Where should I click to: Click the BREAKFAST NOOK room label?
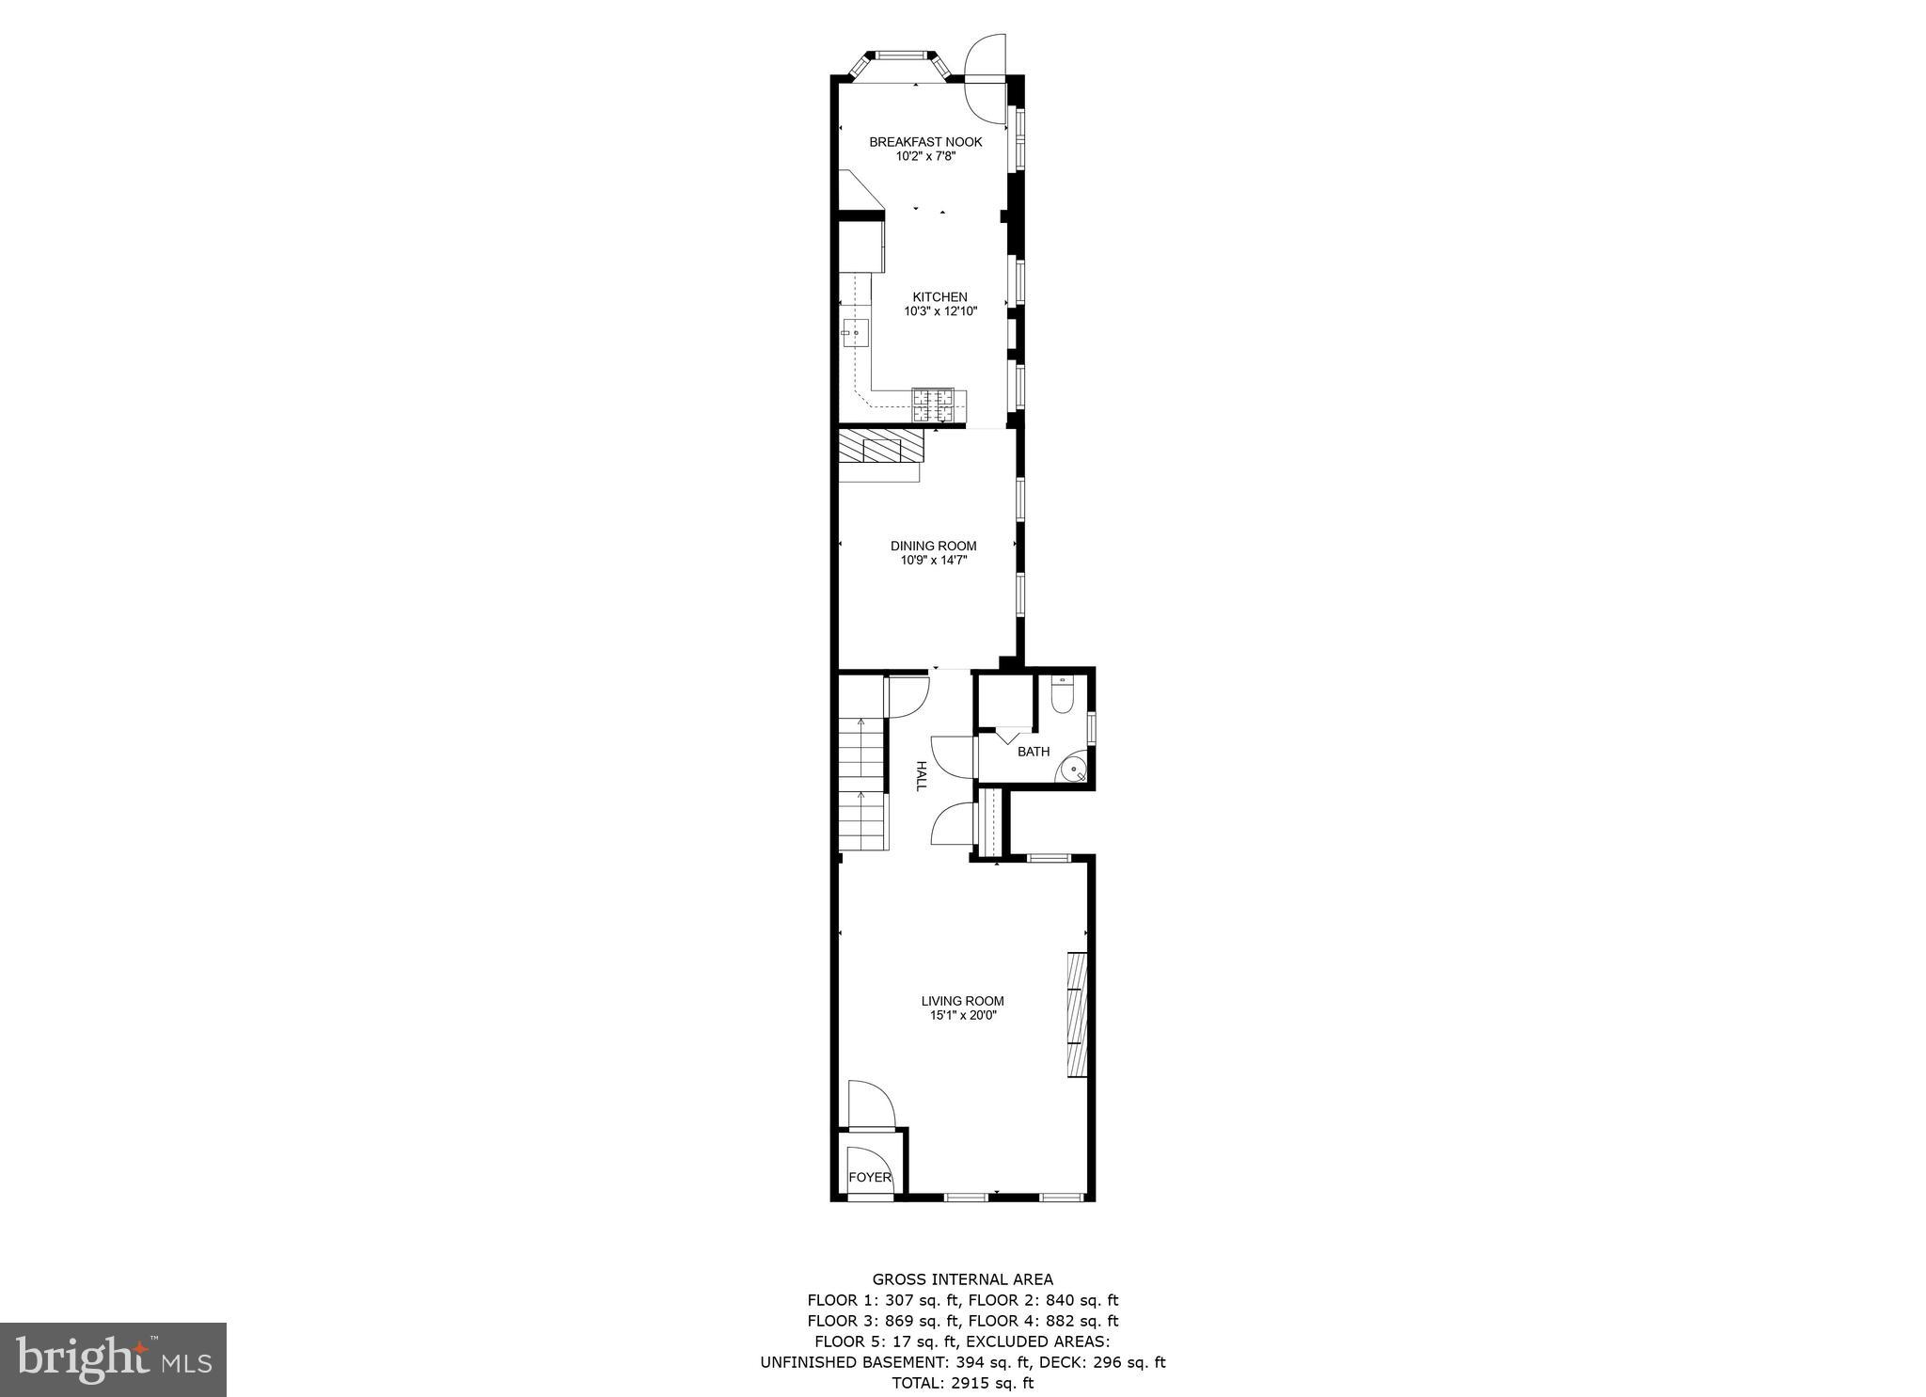point(925,142)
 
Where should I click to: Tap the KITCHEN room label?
point(939,297)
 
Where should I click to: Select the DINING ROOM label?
point(933,546)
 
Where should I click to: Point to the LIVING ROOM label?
point(962,1001)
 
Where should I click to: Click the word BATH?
point(1034,752)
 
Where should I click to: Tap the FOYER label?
point(870,1177)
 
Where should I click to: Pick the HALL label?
point(922,776)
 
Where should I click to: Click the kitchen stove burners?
point(933,405)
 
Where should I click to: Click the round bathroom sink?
point(1074,770)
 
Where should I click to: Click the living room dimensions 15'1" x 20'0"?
point(962,1016)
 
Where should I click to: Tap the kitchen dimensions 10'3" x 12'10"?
point(939,311)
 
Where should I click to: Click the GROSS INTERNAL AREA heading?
point(962,1279)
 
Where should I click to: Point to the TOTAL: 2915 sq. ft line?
point(962,1383)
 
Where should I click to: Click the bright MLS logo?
point(113,1359)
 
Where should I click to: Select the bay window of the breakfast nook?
point(899,61)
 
